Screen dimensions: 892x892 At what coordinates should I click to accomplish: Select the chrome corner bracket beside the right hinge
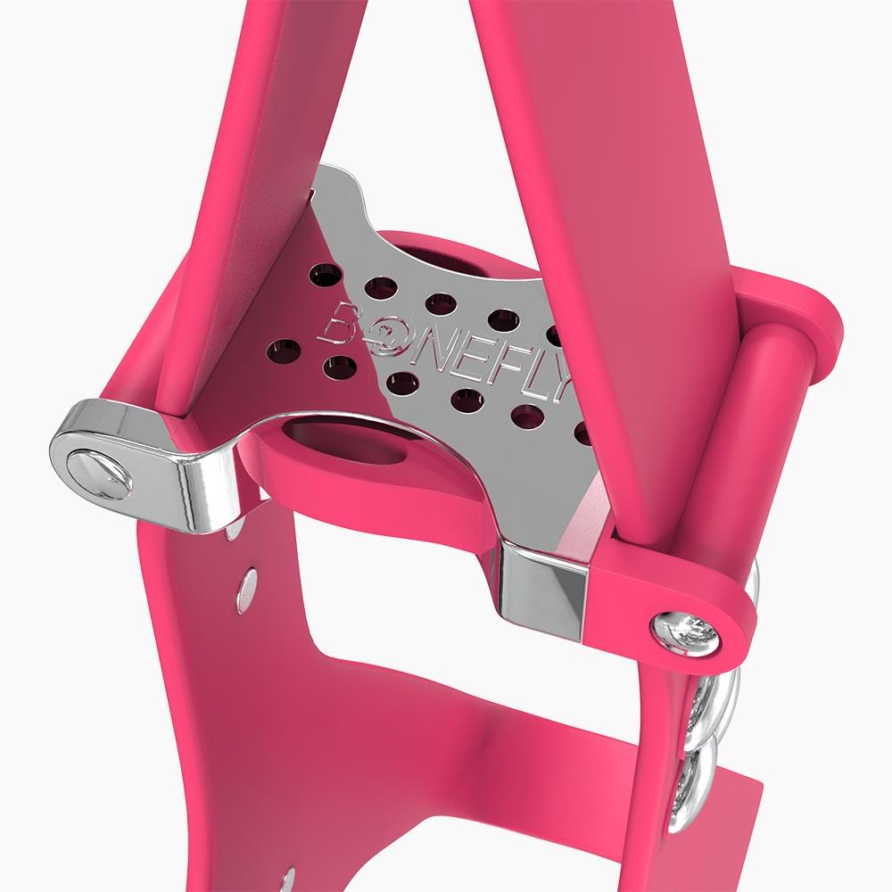pyautogui.click(x=543, y=589)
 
